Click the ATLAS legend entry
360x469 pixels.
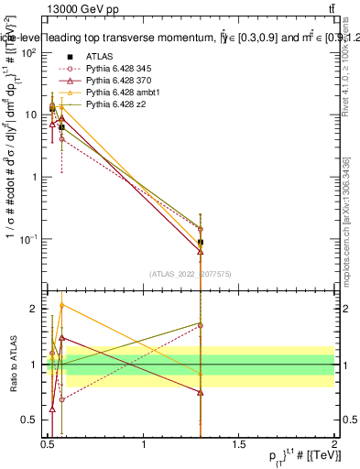[100, 57]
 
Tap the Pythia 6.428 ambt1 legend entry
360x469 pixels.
[123, 93]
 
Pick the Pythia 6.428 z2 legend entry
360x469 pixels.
[116, 104]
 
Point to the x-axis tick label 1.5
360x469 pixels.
[239, 443]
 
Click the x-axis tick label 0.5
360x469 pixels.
[48, 443]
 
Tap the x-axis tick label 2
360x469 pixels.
[333, 443]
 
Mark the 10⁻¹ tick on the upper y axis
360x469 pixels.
[27, 239]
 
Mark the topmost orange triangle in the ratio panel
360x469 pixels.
[61, 305]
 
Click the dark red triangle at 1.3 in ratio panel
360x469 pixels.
[201, 392]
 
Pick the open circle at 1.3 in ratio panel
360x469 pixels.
[201, 325]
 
